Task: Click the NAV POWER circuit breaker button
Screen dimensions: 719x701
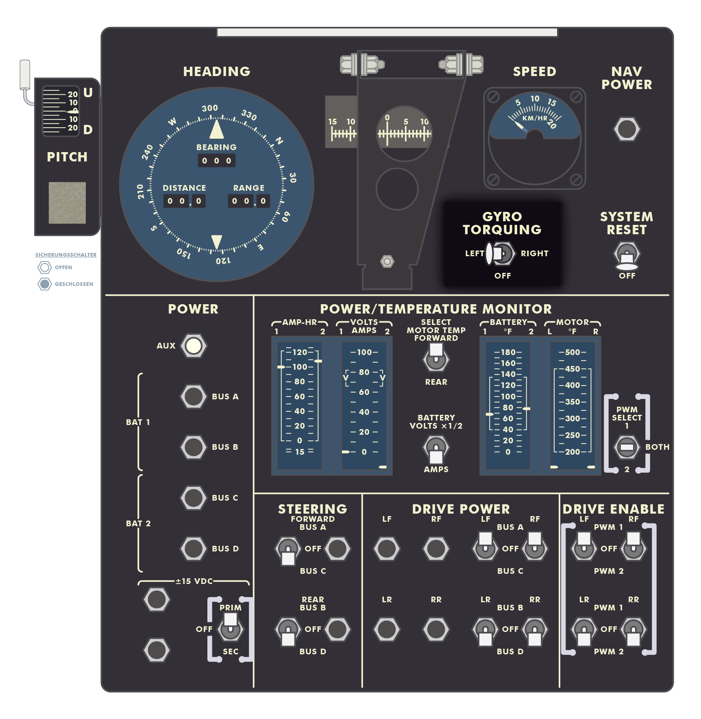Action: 626,129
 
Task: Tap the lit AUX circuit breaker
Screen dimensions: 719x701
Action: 194,346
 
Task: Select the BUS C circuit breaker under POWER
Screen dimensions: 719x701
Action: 194,498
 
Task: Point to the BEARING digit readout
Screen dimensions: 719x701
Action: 216,161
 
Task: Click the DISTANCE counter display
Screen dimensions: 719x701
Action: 184,201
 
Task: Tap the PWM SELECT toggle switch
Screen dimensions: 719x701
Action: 627,447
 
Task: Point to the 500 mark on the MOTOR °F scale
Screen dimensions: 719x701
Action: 573,352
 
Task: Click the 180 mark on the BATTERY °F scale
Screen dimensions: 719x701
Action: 508,352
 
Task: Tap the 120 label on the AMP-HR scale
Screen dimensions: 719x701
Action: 300,352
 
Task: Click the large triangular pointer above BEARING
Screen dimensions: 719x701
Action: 217,129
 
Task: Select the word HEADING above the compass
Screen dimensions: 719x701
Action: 217,72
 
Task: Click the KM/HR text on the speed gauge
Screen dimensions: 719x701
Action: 535,118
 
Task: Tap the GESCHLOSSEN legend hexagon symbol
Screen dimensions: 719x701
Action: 45,284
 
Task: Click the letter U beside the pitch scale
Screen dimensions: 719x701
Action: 88,93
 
